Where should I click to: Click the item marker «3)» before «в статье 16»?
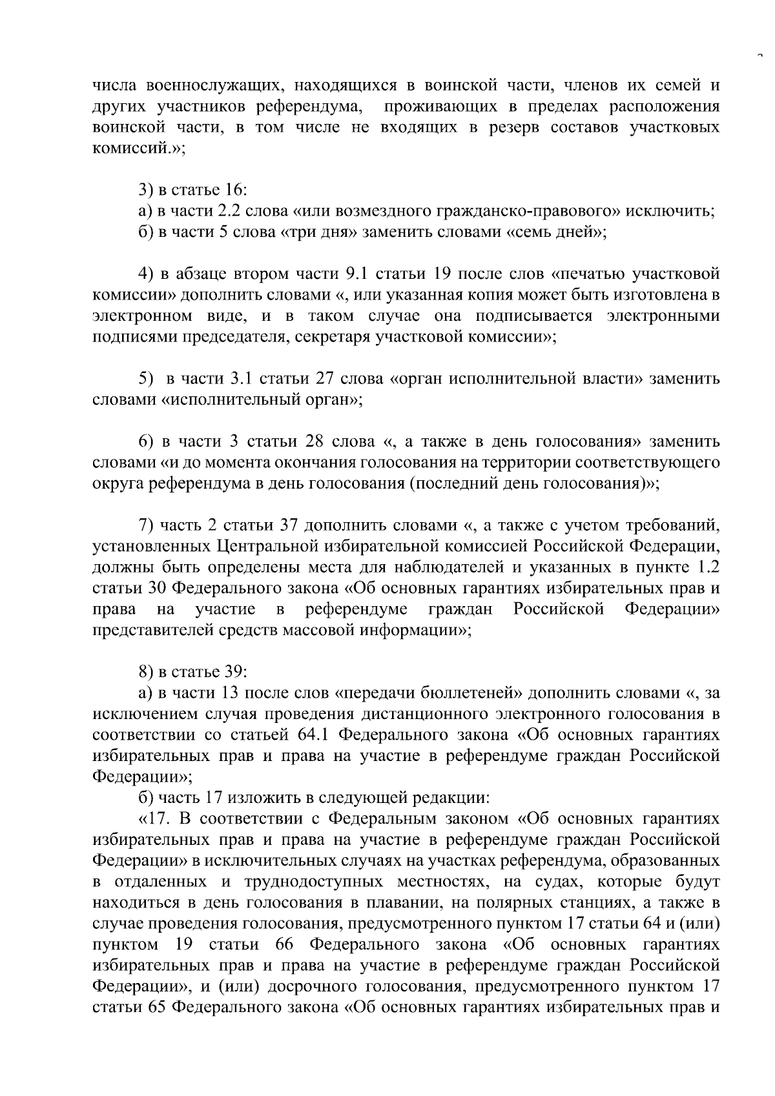(147, 190)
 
